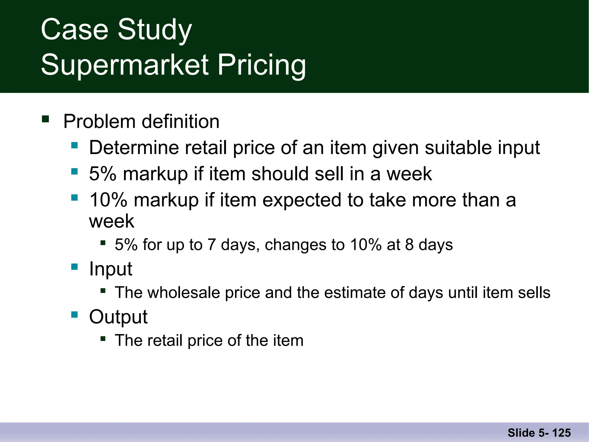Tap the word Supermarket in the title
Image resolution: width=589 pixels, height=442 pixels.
(x=125, y=65)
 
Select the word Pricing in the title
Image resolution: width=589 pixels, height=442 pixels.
(x=261, y=65)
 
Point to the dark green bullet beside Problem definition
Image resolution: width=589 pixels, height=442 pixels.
(x=45, y=119)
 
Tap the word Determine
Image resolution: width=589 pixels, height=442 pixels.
(x=134, y=148)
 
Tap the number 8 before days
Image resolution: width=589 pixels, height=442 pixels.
(x=410, y=245)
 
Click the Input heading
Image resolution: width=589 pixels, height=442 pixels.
(x=111, y=269)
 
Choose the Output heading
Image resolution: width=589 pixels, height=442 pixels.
(x=118, y=317)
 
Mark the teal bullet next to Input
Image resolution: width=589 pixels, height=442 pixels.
(x=74, y=267)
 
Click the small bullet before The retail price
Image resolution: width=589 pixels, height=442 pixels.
(x=103, y=338)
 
